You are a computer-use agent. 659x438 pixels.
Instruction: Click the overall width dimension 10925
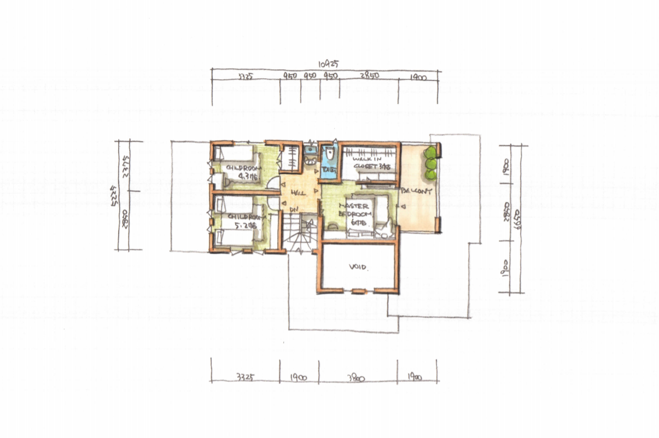point(327,64)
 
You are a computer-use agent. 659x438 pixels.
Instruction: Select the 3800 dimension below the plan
point(355,378)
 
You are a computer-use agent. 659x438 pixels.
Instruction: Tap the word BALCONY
point(417,191)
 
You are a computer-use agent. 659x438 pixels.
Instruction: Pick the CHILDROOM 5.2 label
point(241,220)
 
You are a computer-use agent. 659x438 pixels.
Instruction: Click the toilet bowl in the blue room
point(329,155)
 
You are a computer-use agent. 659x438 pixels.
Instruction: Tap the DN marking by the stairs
point(294,209)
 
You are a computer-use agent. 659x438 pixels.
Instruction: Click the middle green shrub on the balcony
point(431,163)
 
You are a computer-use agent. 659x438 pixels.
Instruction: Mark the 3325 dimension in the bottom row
point(244,378)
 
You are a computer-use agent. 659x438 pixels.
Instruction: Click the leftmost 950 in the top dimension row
point(290,77)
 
